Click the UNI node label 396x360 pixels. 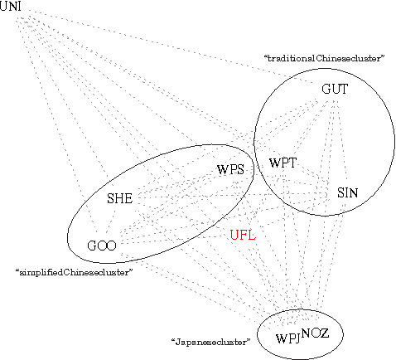point(11,7)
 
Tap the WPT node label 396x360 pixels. point(283,163)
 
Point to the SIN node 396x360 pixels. point(347,192)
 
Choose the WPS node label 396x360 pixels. point(230,170)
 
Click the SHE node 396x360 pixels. point(120,198)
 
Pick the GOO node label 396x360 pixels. point(102,245)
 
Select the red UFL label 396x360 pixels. point(243,235)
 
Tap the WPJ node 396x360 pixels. point(287,338)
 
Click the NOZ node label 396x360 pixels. point(316,333)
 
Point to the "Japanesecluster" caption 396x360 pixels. point(210,341)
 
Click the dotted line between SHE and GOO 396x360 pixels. point(112,221)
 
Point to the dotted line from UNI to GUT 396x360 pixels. point(166,50)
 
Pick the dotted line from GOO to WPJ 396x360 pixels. point(195,289)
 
